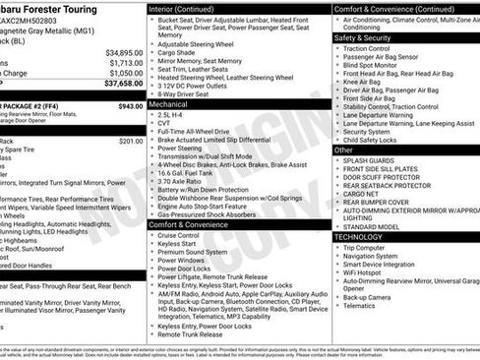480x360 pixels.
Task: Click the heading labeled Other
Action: [343, 150]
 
